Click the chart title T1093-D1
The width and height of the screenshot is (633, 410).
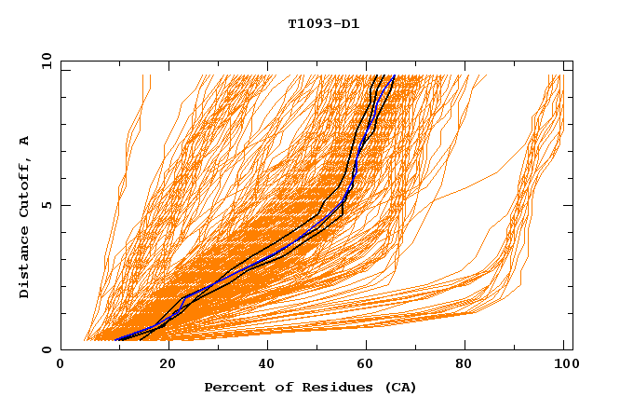tap(323, 24)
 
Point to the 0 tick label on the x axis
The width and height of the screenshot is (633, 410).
tap(61, 364)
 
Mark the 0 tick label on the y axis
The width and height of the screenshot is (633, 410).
tap(46, 349)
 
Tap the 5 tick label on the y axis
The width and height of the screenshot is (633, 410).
tap(46, 205)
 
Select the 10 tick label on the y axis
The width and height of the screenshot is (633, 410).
tap(46, 61)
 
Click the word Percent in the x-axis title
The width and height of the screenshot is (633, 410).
tap(232, 388)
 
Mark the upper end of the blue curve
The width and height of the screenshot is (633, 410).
tap(394, 76)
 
